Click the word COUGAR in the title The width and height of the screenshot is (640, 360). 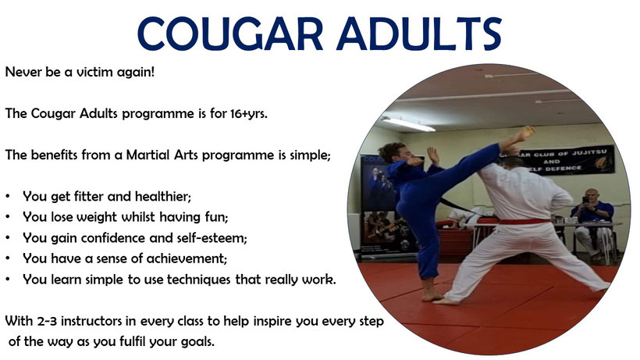tap(230, 34)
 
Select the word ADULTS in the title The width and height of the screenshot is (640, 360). tap(419, 34)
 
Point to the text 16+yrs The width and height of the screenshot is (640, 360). tap(248, 113)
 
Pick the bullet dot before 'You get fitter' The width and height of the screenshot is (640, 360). tap(8, 196)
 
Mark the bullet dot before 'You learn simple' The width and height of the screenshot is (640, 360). tap(8, 280)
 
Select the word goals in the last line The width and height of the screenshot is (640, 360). tap(198, 342)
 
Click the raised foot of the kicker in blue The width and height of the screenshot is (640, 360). tap(524, 133)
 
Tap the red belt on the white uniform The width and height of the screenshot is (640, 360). tap(524, 222)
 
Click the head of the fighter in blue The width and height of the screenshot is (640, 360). tap(393, 152)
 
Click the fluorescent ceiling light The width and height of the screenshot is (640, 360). tap(408, 124)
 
